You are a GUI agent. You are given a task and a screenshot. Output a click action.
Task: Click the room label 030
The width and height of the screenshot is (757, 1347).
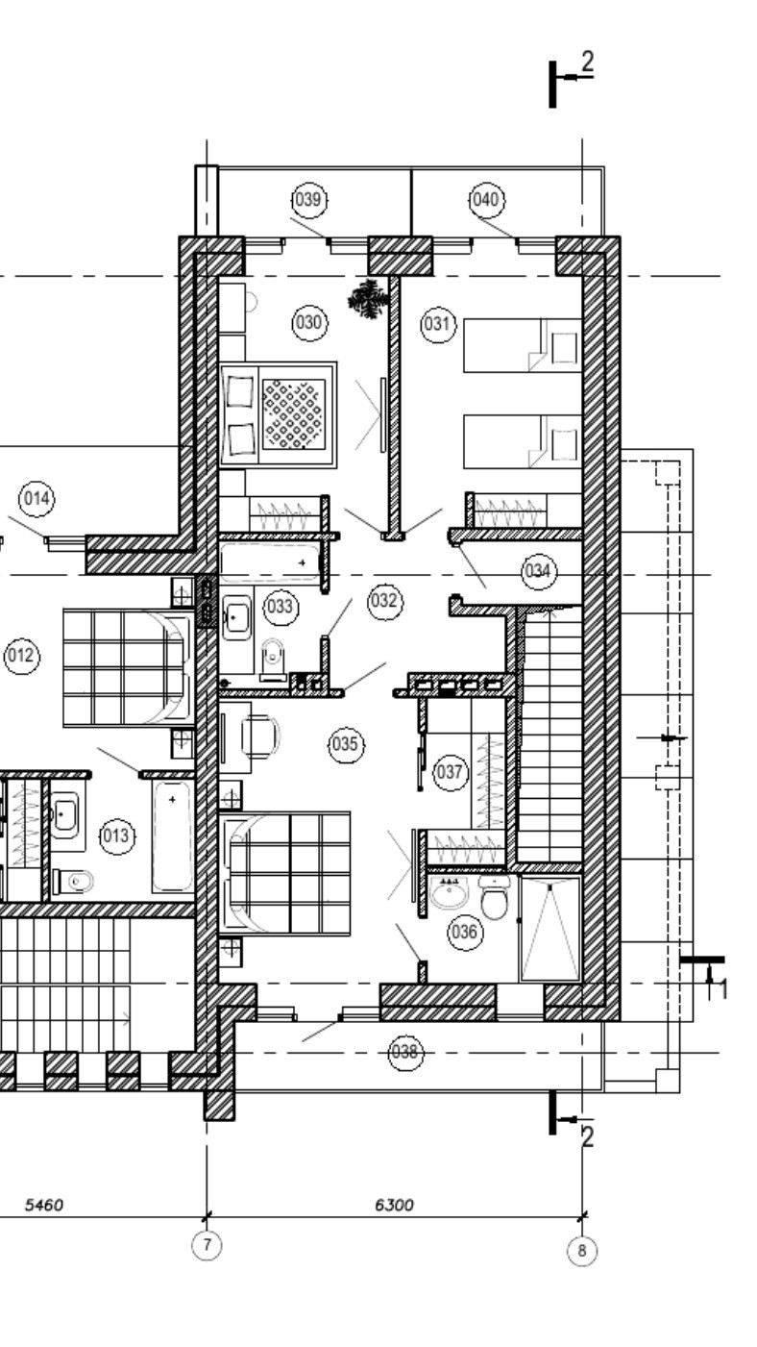(308, 323)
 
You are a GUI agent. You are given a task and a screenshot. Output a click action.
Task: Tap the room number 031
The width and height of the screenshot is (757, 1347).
(437, 324)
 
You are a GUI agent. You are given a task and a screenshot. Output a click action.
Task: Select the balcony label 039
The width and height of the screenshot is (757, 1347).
(308, 200)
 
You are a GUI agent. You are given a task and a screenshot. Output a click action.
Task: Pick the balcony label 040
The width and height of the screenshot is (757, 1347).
(486, 200)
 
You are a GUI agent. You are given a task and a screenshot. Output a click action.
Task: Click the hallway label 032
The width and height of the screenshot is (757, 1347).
(383, 601)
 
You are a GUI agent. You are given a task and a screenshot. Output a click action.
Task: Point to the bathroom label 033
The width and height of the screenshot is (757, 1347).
(281, 607)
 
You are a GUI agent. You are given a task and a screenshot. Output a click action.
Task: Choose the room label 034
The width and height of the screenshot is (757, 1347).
(539, 573)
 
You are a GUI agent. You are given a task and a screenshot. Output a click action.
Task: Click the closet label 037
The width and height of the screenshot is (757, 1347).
(449, 771)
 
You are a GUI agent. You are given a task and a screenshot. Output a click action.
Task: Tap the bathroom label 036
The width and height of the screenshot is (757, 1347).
(465, 932)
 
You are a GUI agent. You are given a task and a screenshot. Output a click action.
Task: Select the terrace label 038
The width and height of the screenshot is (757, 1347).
(405, 1052)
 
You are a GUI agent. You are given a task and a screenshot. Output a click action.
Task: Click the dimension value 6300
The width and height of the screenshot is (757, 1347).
(394, 1205)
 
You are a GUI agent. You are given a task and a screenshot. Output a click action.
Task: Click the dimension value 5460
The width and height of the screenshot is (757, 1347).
(43, 1205)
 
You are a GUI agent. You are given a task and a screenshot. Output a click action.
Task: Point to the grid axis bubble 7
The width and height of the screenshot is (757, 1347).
(207, 1245)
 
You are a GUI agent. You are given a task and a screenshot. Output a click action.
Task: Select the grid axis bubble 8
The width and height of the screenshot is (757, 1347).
(581, 1251)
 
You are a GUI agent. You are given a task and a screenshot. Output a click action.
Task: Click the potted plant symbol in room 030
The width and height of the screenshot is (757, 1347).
(368, 298)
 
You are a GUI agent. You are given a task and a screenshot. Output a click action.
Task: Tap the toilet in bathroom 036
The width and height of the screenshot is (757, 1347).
(494, 899)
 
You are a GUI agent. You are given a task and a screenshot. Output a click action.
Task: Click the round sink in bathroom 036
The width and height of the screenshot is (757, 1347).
(448, 893)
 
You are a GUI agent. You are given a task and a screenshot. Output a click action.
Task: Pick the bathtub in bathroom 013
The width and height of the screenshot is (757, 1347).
(172, 836)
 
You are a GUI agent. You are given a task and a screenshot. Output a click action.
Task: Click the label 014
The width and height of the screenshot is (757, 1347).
(37, 499)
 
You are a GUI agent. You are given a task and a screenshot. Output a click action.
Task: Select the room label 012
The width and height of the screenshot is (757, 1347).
(21, 657)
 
